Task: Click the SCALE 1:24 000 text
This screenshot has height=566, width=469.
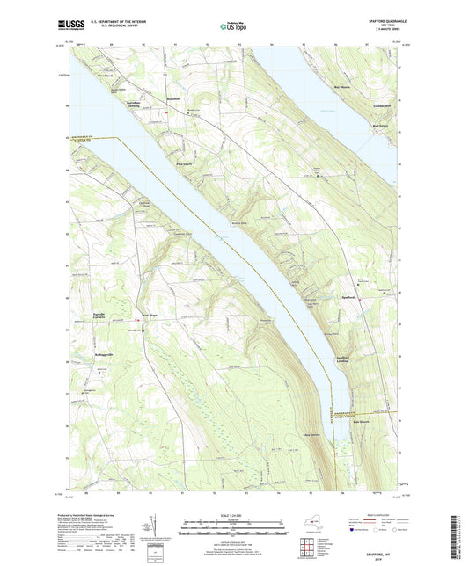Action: coord(234,514)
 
